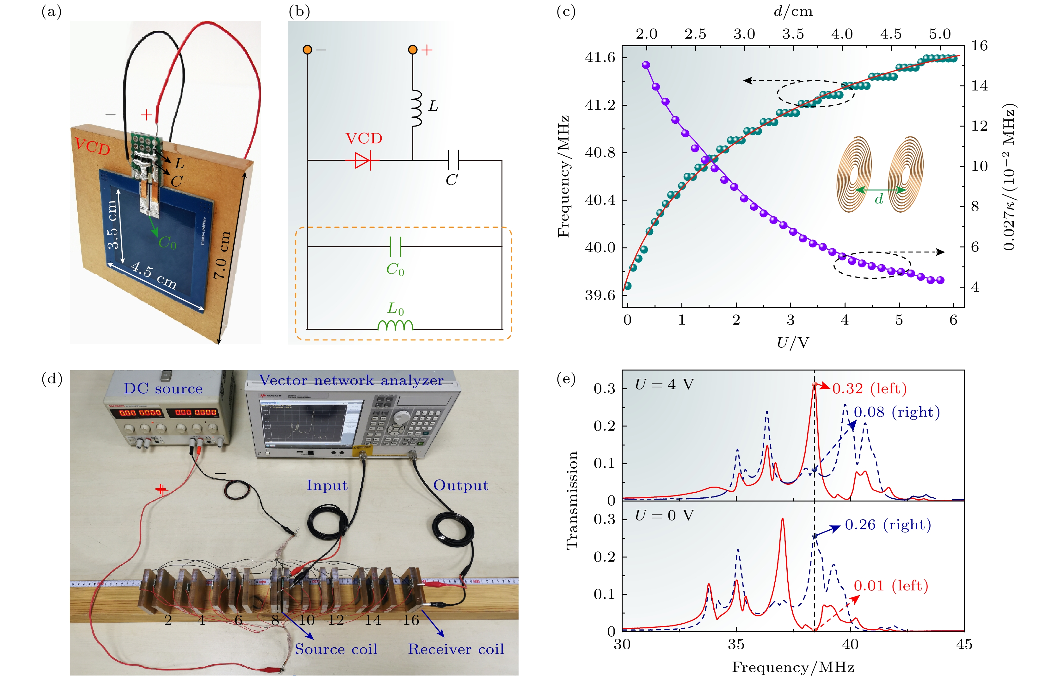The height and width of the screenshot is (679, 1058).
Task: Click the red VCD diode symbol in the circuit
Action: [x=363, y=160]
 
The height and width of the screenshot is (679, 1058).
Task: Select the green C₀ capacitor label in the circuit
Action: [x=395, y=269]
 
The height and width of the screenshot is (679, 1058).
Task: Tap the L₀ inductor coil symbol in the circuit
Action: [x=395, y=325]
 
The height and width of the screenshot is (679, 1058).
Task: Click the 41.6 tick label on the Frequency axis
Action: [x=600, y=58]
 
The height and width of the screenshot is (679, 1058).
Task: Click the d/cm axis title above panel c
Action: [x=793, y=11]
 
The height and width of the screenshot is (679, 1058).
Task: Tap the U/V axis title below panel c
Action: [x=793, y=342]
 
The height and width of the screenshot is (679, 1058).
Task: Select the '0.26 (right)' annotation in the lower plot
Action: [x=888, y=525]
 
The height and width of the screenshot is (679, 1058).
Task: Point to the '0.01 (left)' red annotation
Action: [x=891, y=586]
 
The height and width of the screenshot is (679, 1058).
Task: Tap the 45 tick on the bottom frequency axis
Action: [x=964, y=645]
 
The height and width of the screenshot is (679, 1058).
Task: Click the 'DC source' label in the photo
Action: [x=163, y=389]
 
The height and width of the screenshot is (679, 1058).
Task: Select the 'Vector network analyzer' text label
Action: [x=351, y=380]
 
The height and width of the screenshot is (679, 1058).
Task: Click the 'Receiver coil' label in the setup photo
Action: [x=456, y=649]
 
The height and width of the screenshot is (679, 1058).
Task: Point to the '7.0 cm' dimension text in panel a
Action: [x=222, y=255]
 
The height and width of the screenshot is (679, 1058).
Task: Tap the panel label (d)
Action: [x=52, y=378]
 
